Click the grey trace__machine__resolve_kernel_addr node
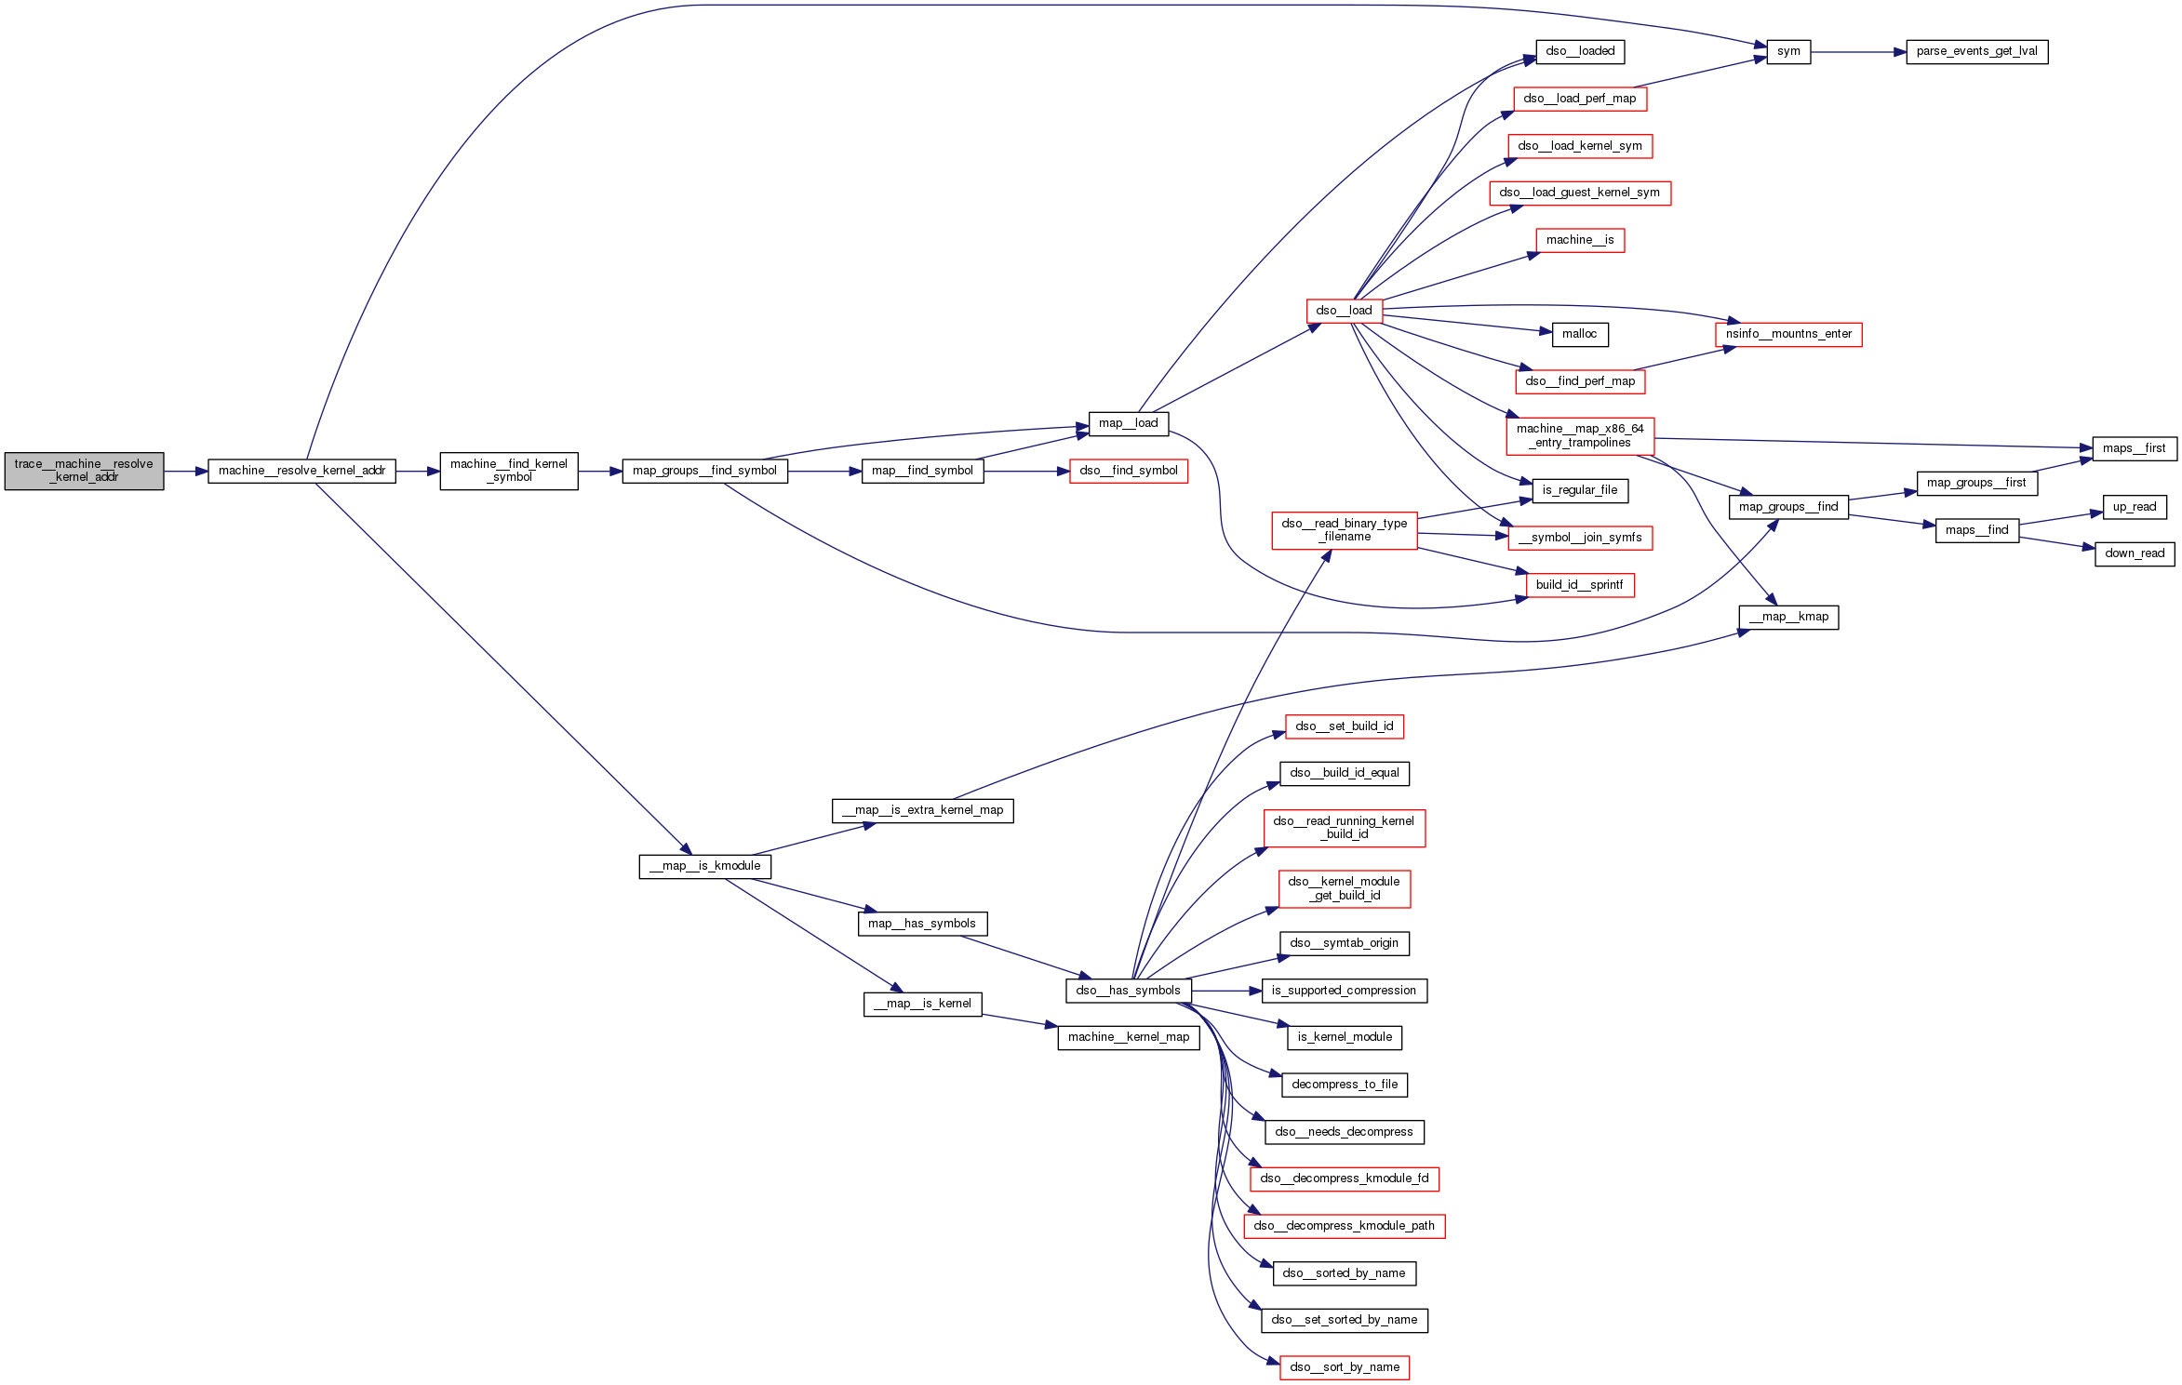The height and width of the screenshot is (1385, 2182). click(84, 471)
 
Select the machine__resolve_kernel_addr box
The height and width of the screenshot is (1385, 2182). click(301, 471)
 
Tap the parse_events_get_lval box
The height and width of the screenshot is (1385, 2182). click(1976, 52)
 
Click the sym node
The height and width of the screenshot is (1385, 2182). click(1787, 52)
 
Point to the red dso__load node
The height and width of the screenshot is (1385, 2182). click(1344, 311)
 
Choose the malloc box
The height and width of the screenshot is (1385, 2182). click(1579, 334)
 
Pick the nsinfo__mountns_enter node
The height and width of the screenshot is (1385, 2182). click(1787, 334)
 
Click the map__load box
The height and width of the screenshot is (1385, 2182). click(1128, 423)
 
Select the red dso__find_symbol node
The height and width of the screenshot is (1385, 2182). click(1128, 471)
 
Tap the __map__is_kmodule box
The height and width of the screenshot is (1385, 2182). click(704, 866)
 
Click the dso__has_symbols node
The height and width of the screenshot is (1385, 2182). click(1128, 991)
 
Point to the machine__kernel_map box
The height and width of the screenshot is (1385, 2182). click(1128, 1037)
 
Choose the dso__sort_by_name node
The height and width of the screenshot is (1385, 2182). click(1344, 1367)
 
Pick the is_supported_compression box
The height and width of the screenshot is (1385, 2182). click(1344, 991)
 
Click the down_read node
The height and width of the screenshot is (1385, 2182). click(2134, 553)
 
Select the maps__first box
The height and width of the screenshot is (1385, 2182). click(2134, 448)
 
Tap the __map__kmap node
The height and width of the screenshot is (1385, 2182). click(1787, 617)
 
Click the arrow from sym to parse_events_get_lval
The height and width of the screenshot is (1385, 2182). click(1858, 52)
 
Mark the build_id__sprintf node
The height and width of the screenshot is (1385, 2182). click(1579, 585)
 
